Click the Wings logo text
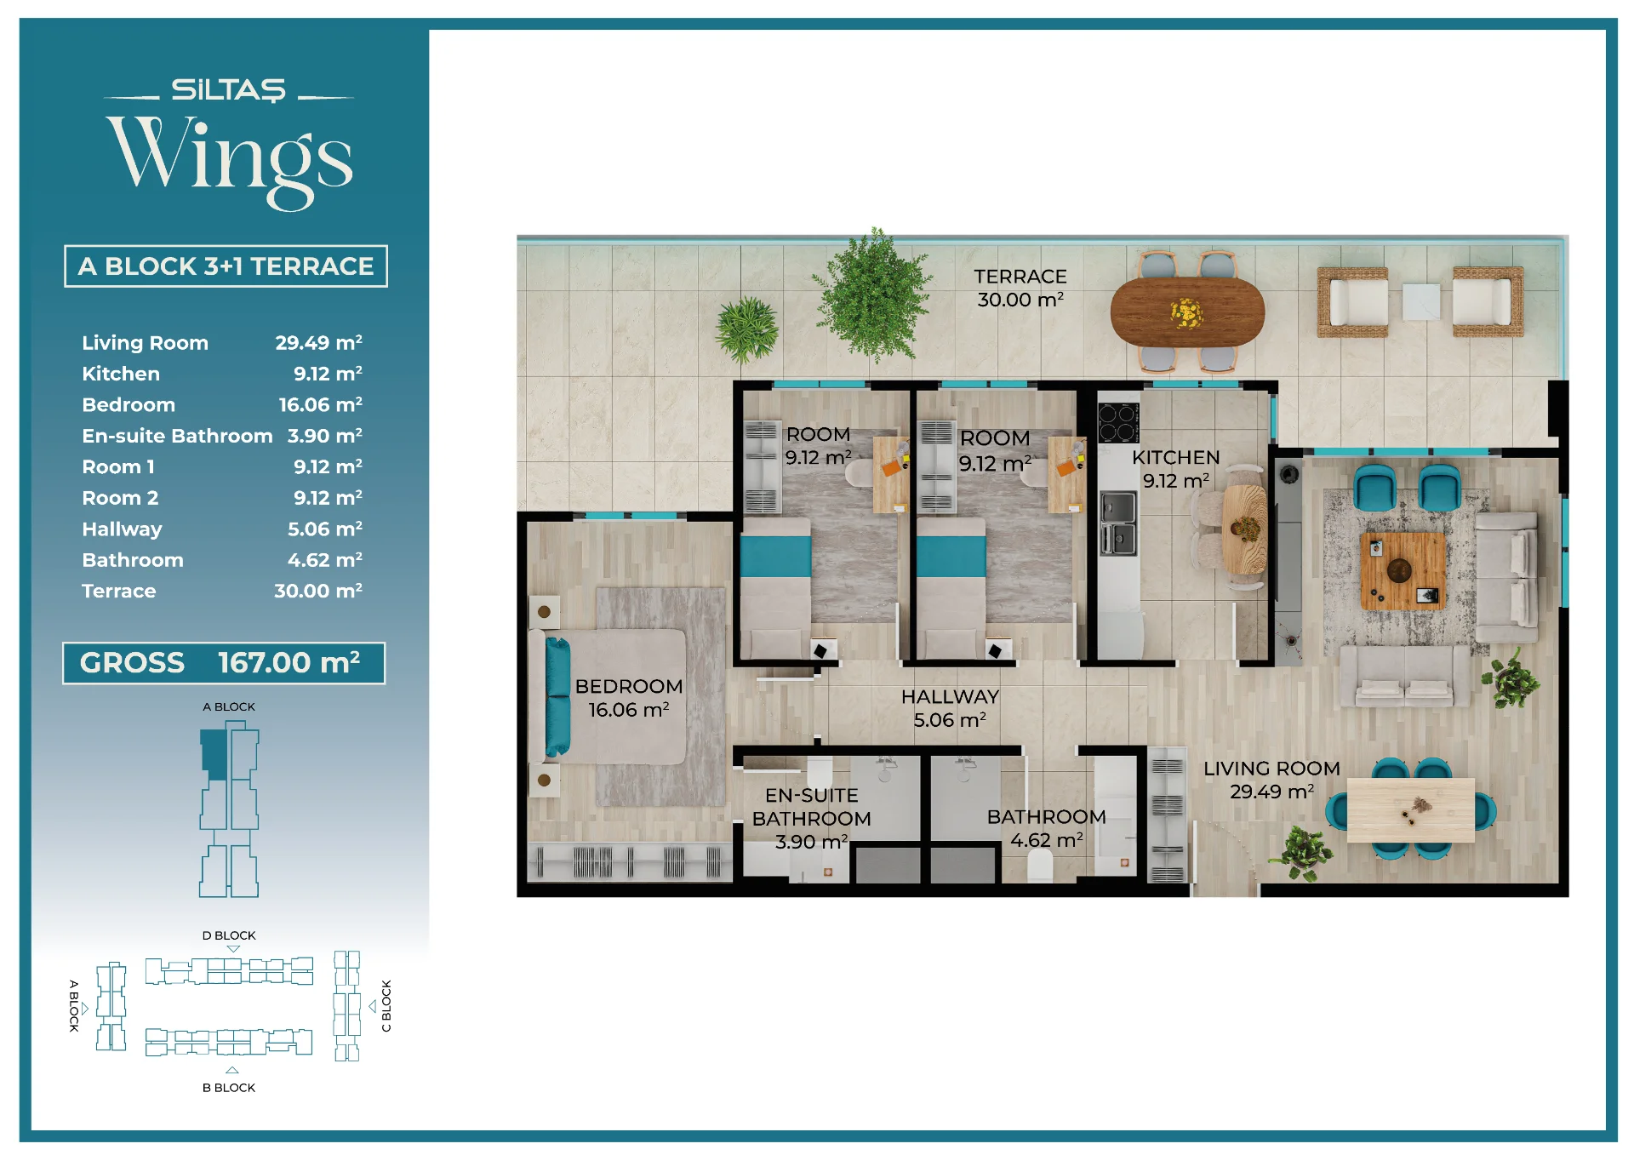pyautogui.click(x=230, y=162)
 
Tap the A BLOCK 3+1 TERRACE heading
pyautogui.click(x=226, y=266)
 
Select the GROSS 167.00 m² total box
pyautogui.click(x=224, y=663)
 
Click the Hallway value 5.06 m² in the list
pyautogui.click(x=325, y=529)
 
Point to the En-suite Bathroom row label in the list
pyautogui.click(x=177, y=436)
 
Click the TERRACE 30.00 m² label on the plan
pyautogui.click(x=1020, y=289)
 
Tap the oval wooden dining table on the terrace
pyautogui.click(x=1187, y=312)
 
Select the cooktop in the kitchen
pyautogui.click(x=1118, y=422)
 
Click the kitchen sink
pyautogui.click(x=1118, y=523)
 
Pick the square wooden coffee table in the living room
pyautogui.click(x=1403, y=570)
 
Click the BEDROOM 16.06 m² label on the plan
pyautogui.click(x=629, y=698)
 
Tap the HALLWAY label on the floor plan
pyautogui.click(x=950, y=696)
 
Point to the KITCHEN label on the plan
pyautogui.click(x=1175, y=457)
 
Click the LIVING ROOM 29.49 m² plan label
pyautogui.click(x=1271, y=780)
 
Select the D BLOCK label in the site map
pyautogui.click(x=229, y=935)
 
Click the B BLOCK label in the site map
pyautogui.click(x=229, y=1088)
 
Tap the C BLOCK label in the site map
pyautogui.click(x=386, y=1006)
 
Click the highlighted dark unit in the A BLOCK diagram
pyautogui.click(x=214, y=753)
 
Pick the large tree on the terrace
pyautogui.click(x=872, y=295)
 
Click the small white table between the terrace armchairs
pyautogui.click(x=1420, y=302)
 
